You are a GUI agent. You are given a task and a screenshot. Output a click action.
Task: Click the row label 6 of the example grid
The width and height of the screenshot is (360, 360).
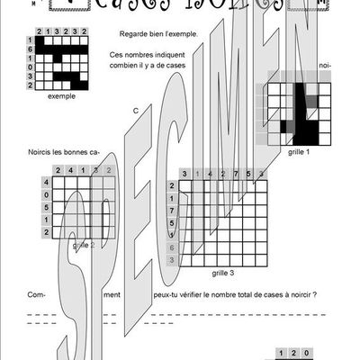31,49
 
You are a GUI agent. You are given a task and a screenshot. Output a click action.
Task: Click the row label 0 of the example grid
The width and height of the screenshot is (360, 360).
31,67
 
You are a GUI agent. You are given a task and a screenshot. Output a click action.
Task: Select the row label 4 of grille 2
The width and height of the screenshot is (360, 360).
45,182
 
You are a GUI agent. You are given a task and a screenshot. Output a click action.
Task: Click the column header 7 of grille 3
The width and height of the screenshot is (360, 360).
236,174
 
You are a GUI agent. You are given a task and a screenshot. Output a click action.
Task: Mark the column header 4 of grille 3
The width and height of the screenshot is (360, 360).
211,174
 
